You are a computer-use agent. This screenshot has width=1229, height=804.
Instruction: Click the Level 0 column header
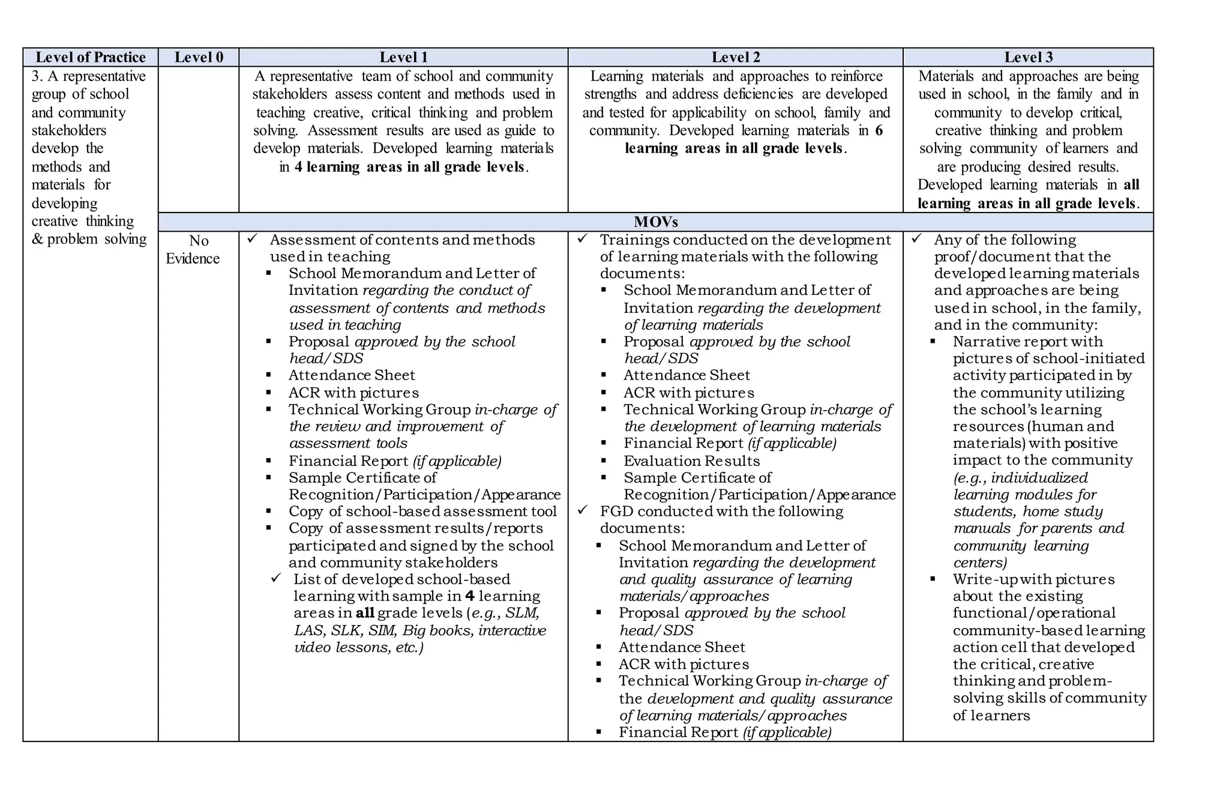[x=199, y=57]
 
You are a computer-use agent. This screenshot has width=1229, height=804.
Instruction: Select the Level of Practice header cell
[x=91, y=57]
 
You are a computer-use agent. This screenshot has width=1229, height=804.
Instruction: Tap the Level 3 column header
[x=1028, y=57]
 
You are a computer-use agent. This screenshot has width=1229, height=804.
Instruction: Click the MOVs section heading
[x=655, y=222]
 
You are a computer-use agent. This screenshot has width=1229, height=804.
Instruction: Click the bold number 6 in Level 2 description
[x=879, y=130]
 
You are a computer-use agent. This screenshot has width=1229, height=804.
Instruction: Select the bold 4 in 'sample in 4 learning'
[x=470, y=596]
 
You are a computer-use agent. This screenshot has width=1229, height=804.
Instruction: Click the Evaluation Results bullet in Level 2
[x=691, y=461]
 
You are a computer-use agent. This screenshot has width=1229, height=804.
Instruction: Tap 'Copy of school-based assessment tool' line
[x=422, y=511]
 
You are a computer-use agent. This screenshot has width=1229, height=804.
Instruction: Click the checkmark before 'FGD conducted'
[x=582, y=510]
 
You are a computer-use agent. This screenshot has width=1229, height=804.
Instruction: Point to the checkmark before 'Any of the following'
[x=916, y=239]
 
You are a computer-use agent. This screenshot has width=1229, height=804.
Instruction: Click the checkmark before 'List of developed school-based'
[x=276, y=578]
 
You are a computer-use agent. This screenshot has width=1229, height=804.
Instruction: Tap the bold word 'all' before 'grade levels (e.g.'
[x=365, y=613]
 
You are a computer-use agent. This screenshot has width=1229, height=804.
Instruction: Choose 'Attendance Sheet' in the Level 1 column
[x=352, y=375]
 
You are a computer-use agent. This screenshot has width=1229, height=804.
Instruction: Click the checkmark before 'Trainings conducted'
[x=582, y=239]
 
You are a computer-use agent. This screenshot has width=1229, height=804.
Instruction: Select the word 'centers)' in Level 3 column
[x=980, y=562]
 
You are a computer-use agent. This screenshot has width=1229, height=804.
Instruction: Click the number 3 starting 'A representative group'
[x=35, y=76]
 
